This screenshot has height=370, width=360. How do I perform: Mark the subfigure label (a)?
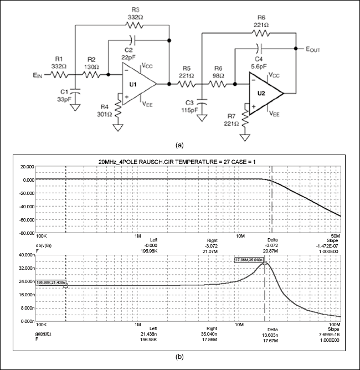click(179, 145)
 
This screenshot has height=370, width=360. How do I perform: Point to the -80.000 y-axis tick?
click(24, 233)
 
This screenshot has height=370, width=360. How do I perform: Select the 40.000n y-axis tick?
click(24, 255)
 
